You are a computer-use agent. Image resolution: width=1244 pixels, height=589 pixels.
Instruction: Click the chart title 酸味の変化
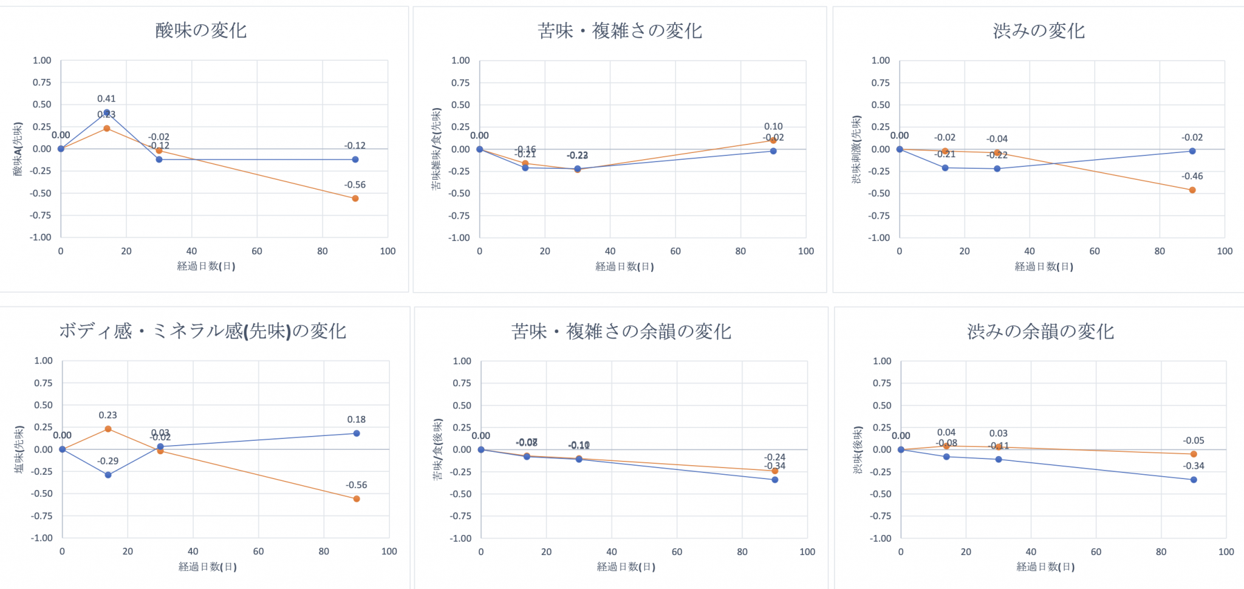pos(201,30)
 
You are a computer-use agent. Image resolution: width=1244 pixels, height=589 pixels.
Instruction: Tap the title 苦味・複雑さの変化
pos(620,31)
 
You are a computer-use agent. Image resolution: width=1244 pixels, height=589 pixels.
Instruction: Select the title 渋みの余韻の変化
pos(1040,332)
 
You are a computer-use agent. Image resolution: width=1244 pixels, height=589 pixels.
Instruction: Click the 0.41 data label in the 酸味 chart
pos(106,98)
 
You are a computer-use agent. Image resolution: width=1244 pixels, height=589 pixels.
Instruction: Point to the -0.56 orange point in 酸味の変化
pos(355,199)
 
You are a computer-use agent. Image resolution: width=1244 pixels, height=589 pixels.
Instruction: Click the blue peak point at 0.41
pos(107,112)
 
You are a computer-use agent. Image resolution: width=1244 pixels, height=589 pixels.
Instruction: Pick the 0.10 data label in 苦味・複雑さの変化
pos(773,126)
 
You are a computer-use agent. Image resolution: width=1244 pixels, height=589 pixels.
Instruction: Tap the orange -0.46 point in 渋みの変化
pos(1192,190)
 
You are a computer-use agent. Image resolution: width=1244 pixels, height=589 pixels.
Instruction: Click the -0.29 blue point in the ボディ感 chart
pos(108,475)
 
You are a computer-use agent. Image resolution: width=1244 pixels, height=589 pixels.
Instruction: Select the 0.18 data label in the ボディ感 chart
pos(357,420)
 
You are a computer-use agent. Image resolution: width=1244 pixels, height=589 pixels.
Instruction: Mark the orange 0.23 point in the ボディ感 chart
pos(108,429)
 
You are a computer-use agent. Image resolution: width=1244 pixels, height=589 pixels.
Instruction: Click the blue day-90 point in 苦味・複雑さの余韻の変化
pos(775,480)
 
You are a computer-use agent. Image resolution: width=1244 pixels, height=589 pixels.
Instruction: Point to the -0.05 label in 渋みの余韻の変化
pos(1194,441)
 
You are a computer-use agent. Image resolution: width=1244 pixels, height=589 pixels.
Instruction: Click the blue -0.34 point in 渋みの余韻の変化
pos(1194,480)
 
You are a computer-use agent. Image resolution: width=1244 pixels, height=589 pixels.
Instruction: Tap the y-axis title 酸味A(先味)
pos(18,149)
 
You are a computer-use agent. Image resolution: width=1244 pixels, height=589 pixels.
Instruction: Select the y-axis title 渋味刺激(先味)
pos(856,149)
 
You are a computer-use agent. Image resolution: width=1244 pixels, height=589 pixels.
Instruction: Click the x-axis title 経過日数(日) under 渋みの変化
pos(1044,267)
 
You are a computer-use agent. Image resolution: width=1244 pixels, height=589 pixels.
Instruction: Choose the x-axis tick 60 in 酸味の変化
pos(257,251)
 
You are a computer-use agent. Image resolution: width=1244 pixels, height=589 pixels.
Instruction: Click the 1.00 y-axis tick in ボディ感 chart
pos(43,361)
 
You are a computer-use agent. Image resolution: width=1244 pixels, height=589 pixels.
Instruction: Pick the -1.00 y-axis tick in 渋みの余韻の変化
pos(881,539)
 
